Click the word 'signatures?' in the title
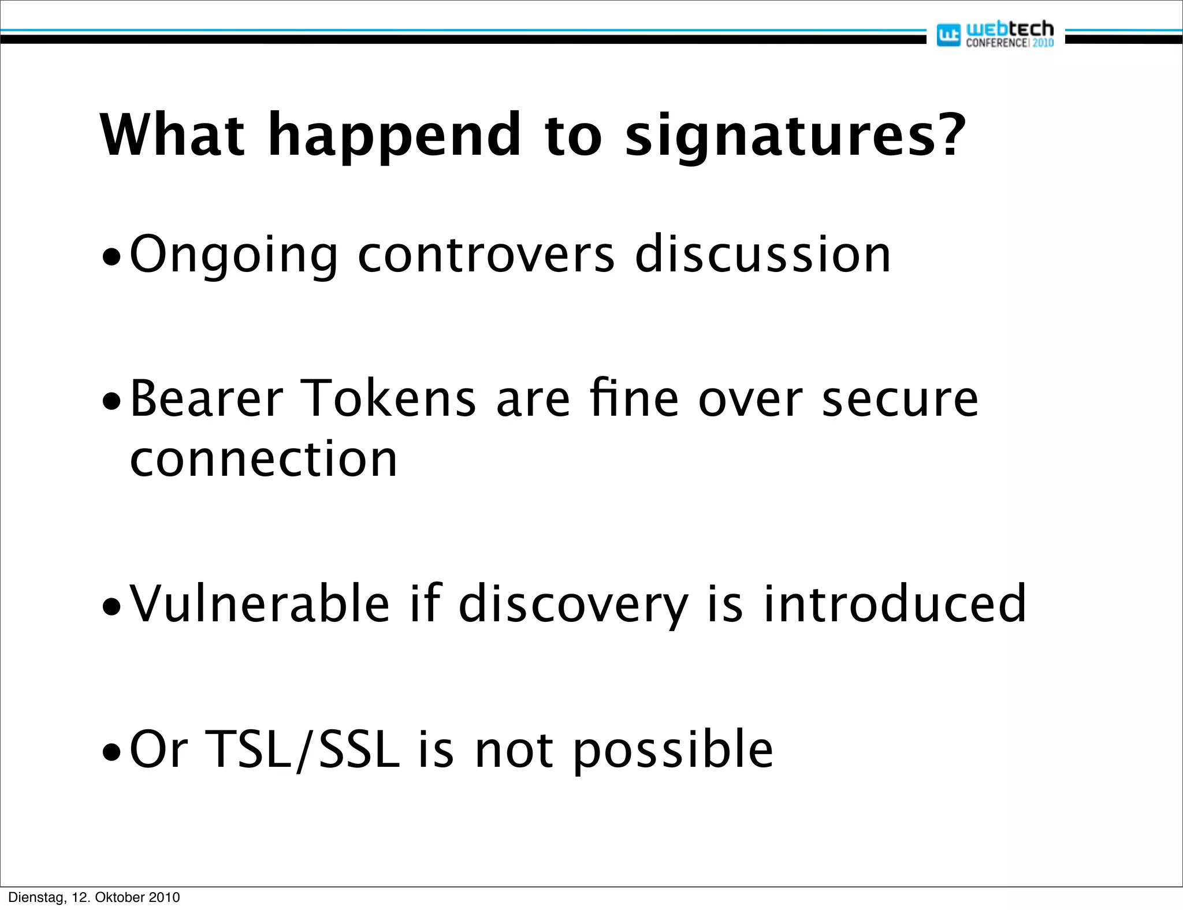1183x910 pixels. pos(795,137)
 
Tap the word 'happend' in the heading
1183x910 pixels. pos(395,137)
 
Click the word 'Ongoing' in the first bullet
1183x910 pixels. pos(233,255)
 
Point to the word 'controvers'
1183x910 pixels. pos(486,255)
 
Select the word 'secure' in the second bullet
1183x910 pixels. pos(899,400)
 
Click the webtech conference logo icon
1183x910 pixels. pos(948,35)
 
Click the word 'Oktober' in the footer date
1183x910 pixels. pos(120,897)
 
